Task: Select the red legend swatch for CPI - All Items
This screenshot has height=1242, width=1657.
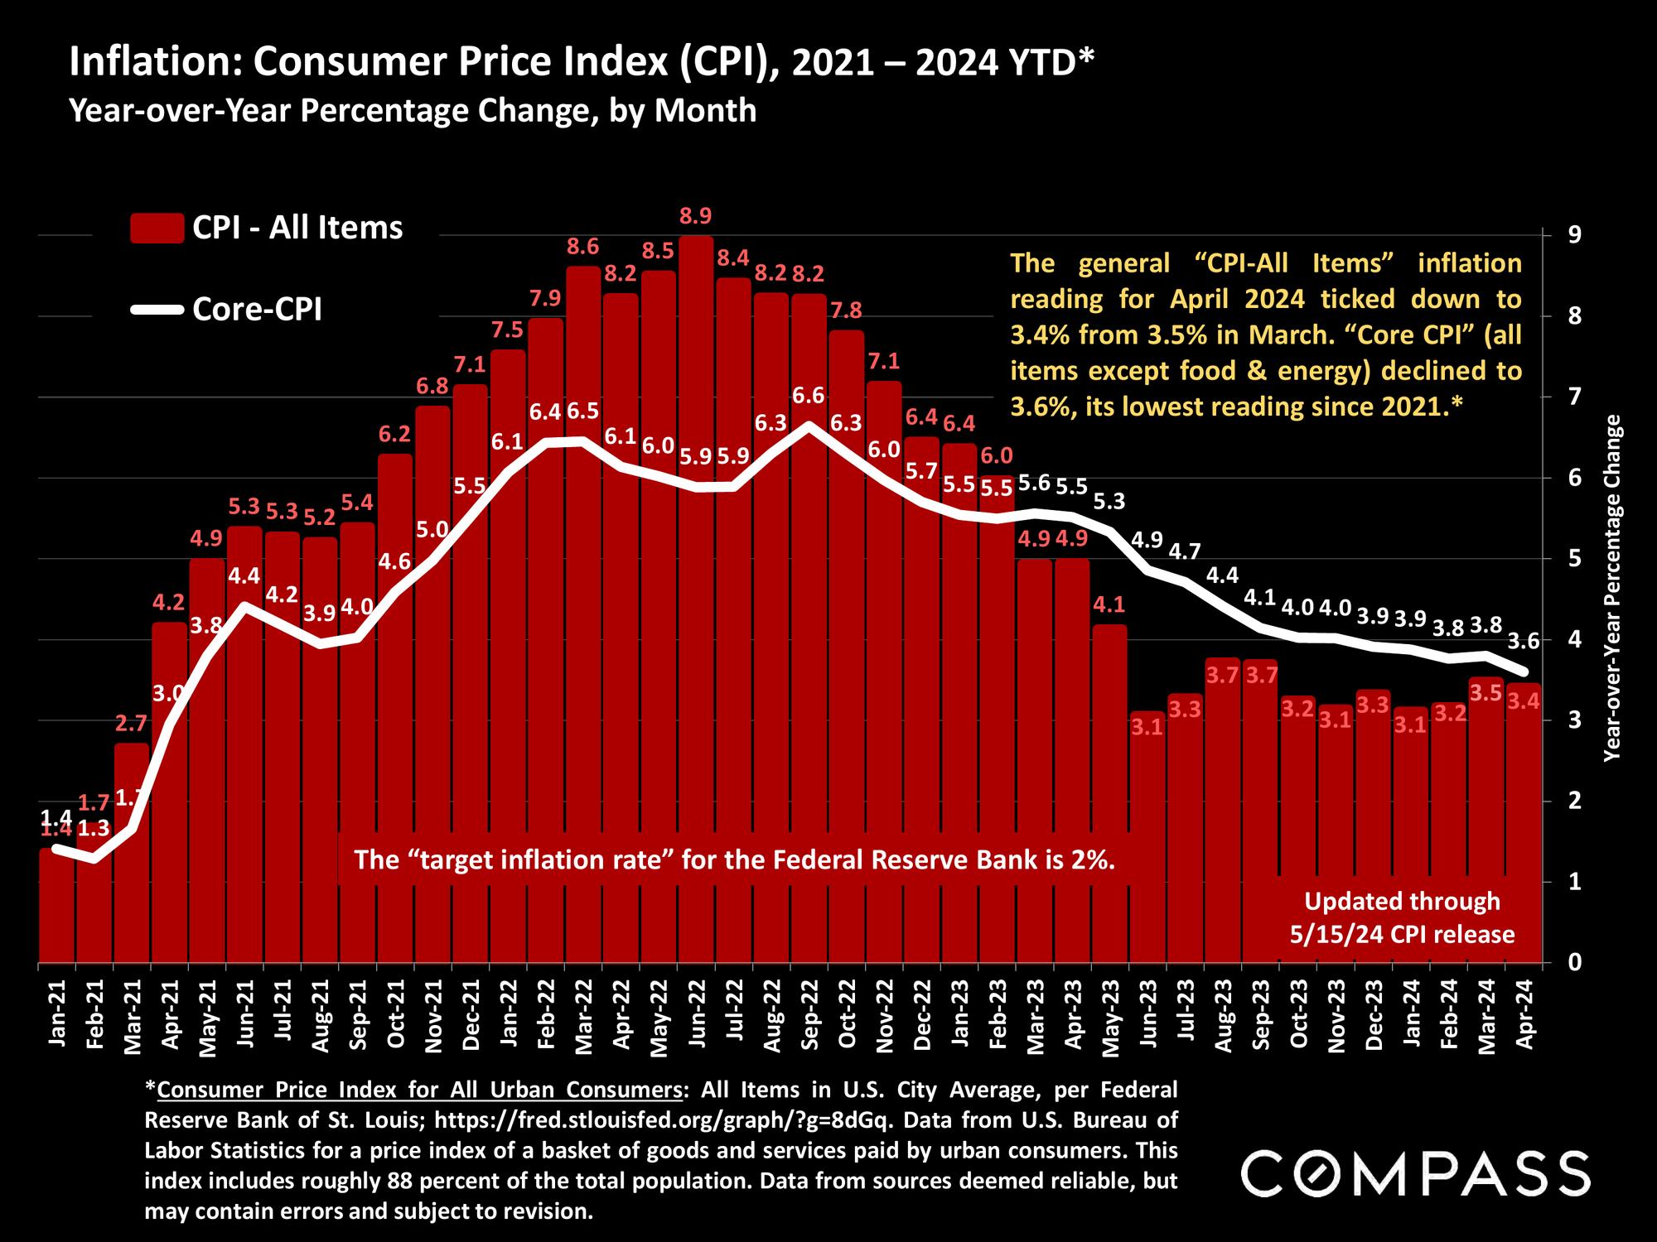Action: pos(157,228)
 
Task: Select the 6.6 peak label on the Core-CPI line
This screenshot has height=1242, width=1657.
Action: pos(808,396)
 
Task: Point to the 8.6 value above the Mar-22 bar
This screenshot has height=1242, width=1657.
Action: pos(583,246)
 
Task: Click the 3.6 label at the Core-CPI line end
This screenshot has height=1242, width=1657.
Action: pos(1524,640)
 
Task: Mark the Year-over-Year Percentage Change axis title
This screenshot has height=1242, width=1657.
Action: pos(1612,588)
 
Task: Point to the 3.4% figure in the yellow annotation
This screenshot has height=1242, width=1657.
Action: pos(1037,334)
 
